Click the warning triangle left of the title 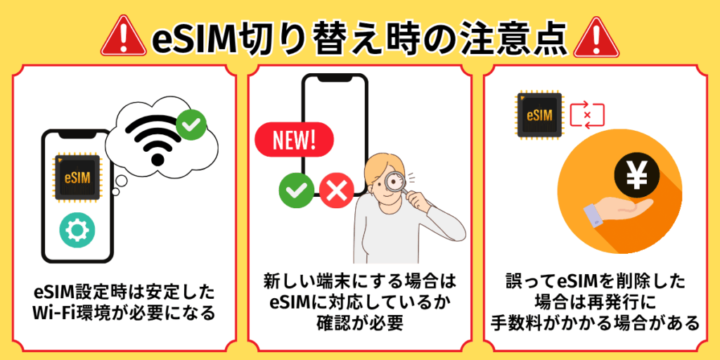point(123,37)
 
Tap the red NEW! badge point(295,140)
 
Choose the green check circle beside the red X point(296,190)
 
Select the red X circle point(335,190)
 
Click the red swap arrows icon point(588,115)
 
